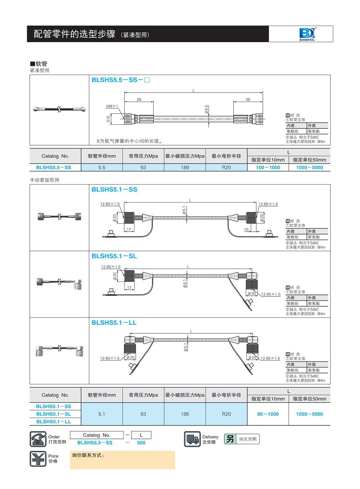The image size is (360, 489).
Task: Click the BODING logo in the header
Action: coord(307,34)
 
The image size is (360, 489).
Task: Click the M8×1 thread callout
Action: coord(112,106)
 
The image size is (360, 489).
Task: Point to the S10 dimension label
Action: coord(108,119)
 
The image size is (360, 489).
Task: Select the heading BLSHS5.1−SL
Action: coord(114,256)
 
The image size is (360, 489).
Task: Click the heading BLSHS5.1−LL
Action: coord(114,323)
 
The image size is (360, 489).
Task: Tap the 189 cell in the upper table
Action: coord(185,168)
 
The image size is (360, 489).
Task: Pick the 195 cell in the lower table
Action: coord(185,414)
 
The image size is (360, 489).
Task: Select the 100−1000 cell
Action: coord(268,168)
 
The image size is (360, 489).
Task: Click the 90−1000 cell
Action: coord(268,414)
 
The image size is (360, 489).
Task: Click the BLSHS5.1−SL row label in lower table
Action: coord(54,414)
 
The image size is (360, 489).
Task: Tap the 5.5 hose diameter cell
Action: coord(102,168)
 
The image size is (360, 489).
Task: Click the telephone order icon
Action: coord(38,439)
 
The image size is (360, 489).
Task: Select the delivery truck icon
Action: coord(192,439)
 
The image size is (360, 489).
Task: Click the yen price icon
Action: coord(38,459)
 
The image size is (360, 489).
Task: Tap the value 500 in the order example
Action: coord(141,443)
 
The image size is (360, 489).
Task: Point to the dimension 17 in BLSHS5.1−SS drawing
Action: coord(129,229)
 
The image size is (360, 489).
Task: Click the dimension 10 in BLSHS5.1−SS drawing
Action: coord(246,229)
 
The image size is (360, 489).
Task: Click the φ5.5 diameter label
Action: coord(207,110)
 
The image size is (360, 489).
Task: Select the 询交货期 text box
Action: coord(248,439)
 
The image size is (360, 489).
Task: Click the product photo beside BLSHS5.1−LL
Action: coord(59,350)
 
